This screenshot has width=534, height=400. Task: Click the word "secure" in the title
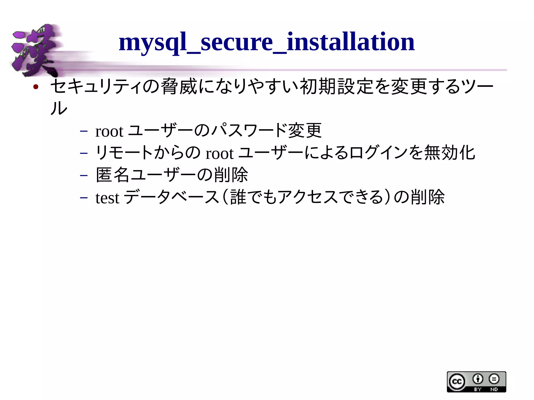236,42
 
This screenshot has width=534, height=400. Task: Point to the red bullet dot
36,87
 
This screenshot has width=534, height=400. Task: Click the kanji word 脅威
179,87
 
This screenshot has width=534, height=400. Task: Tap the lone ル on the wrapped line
59,108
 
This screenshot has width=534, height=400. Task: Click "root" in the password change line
109,131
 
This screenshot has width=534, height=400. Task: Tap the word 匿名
113,175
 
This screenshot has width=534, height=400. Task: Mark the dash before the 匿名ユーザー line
84,175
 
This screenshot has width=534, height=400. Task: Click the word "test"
107,198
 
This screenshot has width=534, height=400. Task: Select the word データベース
171,197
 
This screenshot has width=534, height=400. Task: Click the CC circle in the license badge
457,382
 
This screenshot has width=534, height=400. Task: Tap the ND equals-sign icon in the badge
494,379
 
